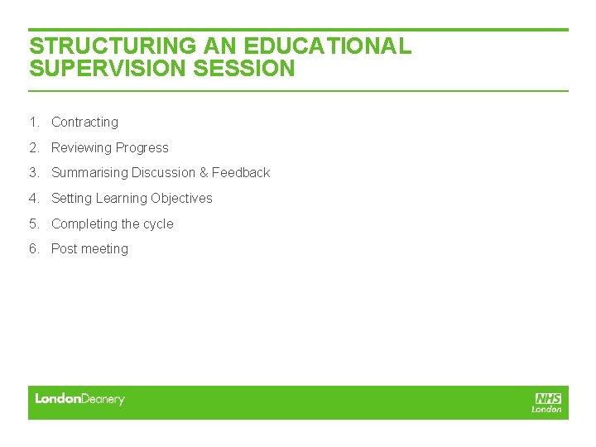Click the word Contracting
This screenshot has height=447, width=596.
tap(84, 123)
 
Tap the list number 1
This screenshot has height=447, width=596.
tap(33, 123)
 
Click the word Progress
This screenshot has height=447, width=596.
tap(142, 148)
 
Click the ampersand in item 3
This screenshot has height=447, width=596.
tap(204, 173)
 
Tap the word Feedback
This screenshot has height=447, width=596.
tap(241, 173)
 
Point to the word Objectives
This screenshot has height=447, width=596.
tap(181, 199)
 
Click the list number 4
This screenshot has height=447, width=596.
tap(33, 199)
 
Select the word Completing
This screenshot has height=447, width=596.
tap(84, 224)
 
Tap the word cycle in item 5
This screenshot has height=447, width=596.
tap(159, 224)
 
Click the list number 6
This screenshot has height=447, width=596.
tap(33, 249)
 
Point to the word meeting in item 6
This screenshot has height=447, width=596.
tap(104, 249)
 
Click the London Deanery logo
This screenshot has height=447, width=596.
tap(79, 400)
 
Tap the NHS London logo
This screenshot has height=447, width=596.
tap(547, 402)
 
